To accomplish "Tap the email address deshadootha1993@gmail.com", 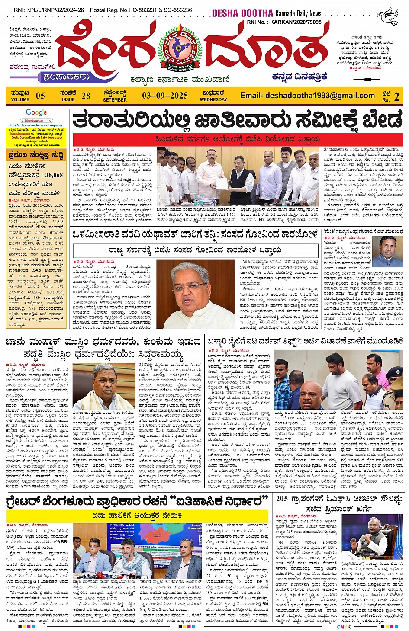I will point(307,96).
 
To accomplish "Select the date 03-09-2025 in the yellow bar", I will point(164,96).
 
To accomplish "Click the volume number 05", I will point(40,96).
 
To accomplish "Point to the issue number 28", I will point(86,96).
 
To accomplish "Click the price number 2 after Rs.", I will point(396,96).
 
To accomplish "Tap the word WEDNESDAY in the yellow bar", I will point(213,99).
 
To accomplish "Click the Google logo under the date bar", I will point(36,112).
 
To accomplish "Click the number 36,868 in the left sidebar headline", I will point(54,175).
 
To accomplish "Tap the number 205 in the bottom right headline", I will point(282,499).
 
